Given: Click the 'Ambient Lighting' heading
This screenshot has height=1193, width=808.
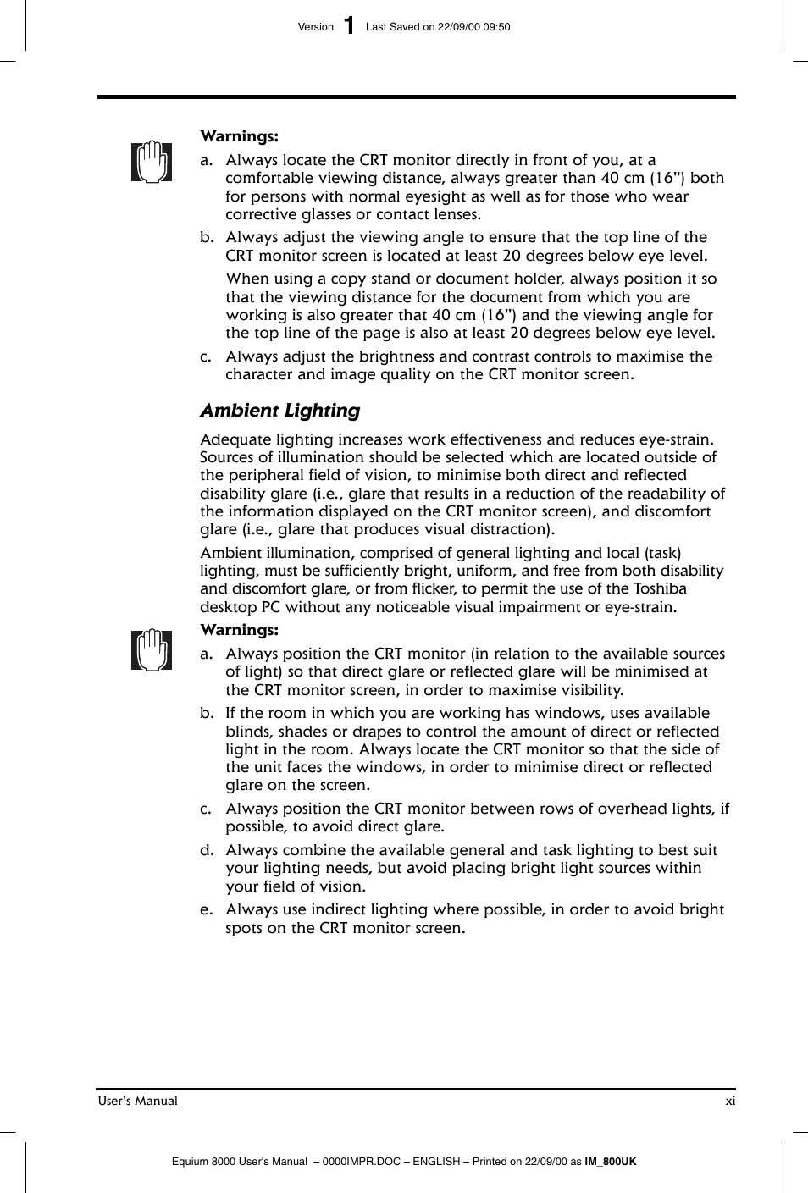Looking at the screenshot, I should coord(279,411).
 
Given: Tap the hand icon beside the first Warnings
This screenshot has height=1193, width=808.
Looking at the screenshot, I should coord(152,161).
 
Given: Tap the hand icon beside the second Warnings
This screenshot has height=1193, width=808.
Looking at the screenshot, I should coord(152,650).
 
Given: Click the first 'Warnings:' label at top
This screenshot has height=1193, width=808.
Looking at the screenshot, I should coord(239,136).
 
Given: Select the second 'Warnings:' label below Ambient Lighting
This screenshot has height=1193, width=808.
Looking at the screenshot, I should coord(239,630).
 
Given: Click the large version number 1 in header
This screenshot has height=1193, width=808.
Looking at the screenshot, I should coord(349,26).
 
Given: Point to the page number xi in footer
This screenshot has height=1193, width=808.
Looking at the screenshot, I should coord(729,1101).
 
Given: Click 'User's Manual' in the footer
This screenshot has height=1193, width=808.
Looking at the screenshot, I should coord(138,1101).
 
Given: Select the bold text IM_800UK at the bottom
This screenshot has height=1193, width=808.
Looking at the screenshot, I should coord(610,1162).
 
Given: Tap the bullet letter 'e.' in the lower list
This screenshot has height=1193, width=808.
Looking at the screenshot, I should coord(206,910).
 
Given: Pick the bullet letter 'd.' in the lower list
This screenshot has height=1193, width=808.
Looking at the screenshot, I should coord(207,851).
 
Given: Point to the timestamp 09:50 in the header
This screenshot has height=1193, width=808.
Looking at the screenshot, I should coord(496,27).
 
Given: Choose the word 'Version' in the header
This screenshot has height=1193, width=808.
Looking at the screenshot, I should coord(316,27).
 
